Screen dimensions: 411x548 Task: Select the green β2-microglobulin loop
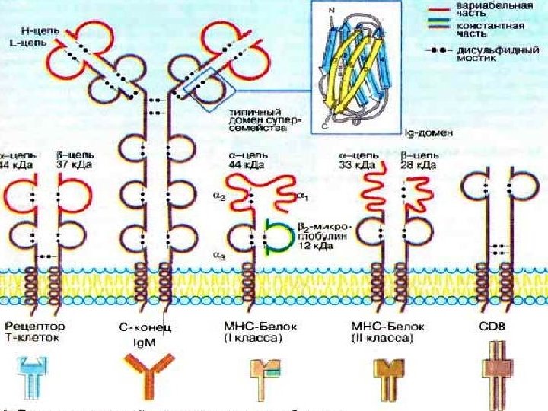tap(279, 237)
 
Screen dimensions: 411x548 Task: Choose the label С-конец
tap(149, 327)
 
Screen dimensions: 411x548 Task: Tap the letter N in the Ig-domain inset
tap(330, 10)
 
